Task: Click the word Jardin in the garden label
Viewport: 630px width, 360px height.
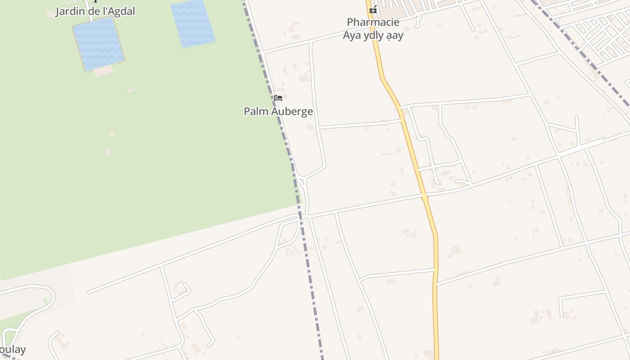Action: (x=70, y=11)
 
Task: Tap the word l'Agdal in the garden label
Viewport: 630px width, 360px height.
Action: (x=118, y=11)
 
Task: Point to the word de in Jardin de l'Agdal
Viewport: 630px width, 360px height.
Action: (x=94, y=11)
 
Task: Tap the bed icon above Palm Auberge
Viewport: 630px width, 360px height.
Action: (x=278, y=98)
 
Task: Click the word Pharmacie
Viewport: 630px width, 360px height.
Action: (x=373, y=22)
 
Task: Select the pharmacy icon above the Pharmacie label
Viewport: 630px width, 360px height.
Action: (x=373, y=9)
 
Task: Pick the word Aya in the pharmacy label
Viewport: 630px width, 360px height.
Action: (x=351, y=36)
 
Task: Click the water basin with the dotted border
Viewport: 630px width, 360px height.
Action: (x=99, y=43)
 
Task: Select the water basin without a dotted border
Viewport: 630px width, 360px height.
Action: (x=193, y=23)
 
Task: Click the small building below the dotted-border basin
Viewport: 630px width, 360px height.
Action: (x=104, y=71)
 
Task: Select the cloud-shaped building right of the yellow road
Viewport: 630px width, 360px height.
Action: (x=455, y=251)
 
